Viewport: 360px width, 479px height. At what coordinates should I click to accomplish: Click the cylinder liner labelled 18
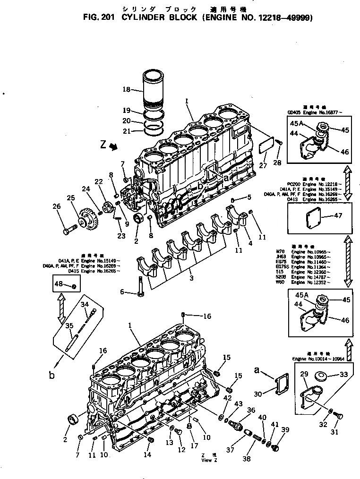point(154,89)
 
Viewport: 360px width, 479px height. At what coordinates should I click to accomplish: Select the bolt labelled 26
point(67,231)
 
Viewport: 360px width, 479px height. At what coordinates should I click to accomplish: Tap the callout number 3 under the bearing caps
point(191,278)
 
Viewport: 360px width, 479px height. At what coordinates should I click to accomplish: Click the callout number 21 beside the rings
point(126,131)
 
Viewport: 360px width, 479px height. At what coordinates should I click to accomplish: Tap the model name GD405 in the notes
point(296,113)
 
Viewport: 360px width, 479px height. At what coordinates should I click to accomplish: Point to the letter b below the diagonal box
point(51,376)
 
